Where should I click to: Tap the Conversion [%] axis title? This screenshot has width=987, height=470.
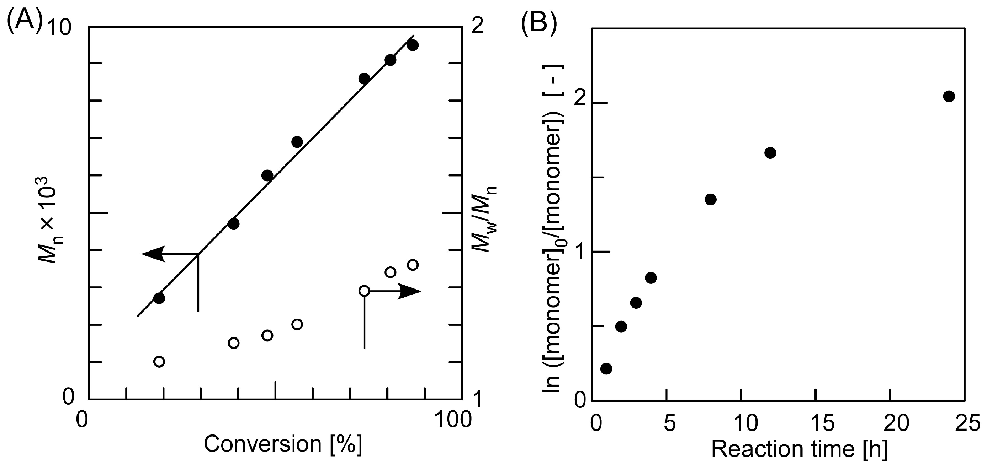[x=283, y=444]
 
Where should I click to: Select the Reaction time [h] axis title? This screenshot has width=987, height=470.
[x=799, y=449]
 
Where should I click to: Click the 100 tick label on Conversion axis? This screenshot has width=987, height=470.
[x=453, y=420]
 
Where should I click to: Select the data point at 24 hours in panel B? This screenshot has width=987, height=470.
[x=949, y=96]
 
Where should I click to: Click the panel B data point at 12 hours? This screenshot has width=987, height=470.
[x=770, y=153]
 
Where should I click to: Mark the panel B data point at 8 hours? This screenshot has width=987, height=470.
[x=710, y=199]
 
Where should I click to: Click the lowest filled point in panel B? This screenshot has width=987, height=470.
[x=606, y=368]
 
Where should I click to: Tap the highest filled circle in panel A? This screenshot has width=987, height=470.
[x=413, y=45]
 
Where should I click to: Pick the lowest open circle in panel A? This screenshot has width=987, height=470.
[x=159, y=361]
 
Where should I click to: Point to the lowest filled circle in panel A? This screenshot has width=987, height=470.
[x=159, y=298]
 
